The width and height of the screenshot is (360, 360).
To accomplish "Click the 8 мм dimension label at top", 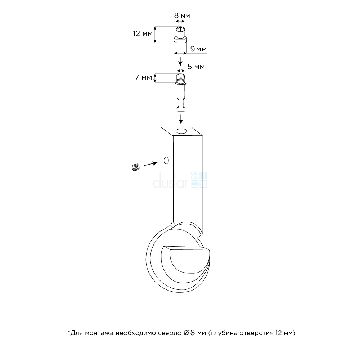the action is tap(182, 15).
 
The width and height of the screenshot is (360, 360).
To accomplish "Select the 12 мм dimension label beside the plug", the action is tap(143, 33).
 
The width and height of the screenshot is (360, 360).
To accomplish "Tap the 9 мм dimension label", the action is tap(198, 49).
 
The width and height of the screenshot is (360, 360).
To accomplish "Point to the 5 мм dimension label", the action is tap(196, 67).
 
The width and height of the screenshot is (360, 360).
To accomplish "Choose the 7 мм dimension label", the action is tap(143, 77).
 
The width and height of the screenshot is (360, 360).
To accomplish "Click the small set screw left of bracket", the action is tap(136, 167).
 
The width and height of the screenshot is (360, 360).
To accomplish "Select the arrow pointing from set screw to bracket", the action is tap(150, 164).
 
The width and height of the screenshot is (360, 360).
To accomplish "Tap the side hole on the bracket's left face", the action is tap(166, 161).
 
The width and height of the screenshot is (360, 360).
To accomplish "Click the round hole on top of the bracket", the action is tap(181, 131).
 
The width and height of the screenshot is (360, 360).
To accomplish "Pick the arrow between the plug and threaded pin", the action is tap(180, 61).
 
